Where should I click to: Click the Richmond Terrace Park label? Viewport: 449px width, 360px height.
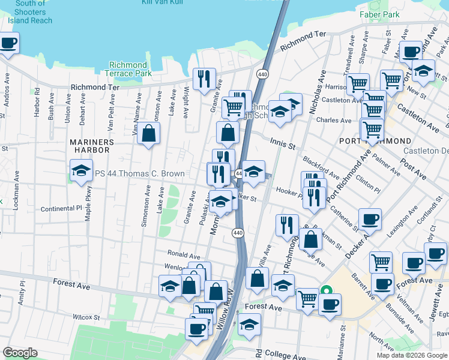[x=128, y=69]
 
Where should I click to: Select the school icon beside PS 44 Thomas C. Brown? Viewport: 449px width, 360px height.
[x=82, y=172]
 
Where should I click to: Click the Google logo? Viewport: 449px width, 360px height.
[x=20, y=353]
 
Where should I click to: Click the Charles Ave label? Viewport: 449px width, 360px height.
[x=337, y=121]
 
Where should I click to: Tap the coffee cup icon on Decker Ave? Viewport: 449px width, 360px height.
[x=370, y=219]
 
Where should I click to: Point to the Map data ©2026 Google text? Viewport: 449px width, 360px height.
[x=412, y=355]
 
